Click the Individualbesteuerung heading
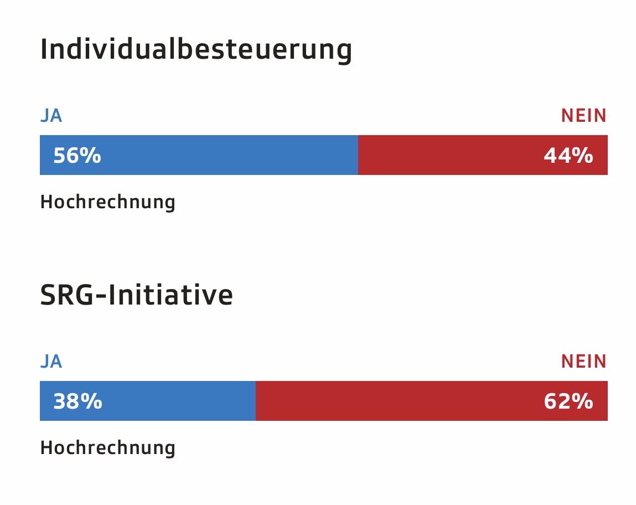[196, 50]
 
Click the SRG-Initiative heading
[136, 295]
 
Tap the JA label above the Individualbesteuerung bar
[51, 116]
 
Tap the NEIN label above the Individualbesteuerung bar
[584, 116]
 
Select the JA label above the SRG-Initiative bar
[51, 362]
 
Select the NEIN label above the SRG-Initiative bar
[584, 362]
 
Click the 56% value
[77, 156]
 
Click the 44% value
[568, 156]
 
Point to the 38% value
[77, 401]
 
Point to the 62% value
[568, 401]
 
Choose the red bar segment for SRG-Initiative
[399, 401]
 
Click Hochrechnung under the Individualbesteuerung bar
[107, 202]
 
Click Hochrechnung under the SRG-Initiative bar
[107, 447]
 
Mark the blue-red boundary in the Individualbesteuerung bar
[358, 156]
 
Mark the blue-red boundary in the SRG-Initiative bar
[256, 401]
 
